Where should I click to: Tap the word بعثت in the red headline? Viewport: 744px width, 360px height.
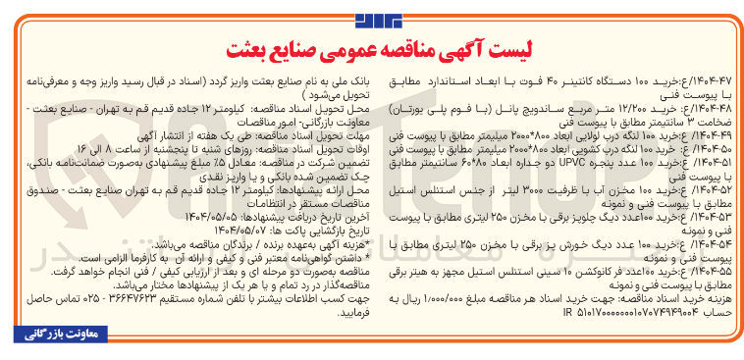coord(250,49)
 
